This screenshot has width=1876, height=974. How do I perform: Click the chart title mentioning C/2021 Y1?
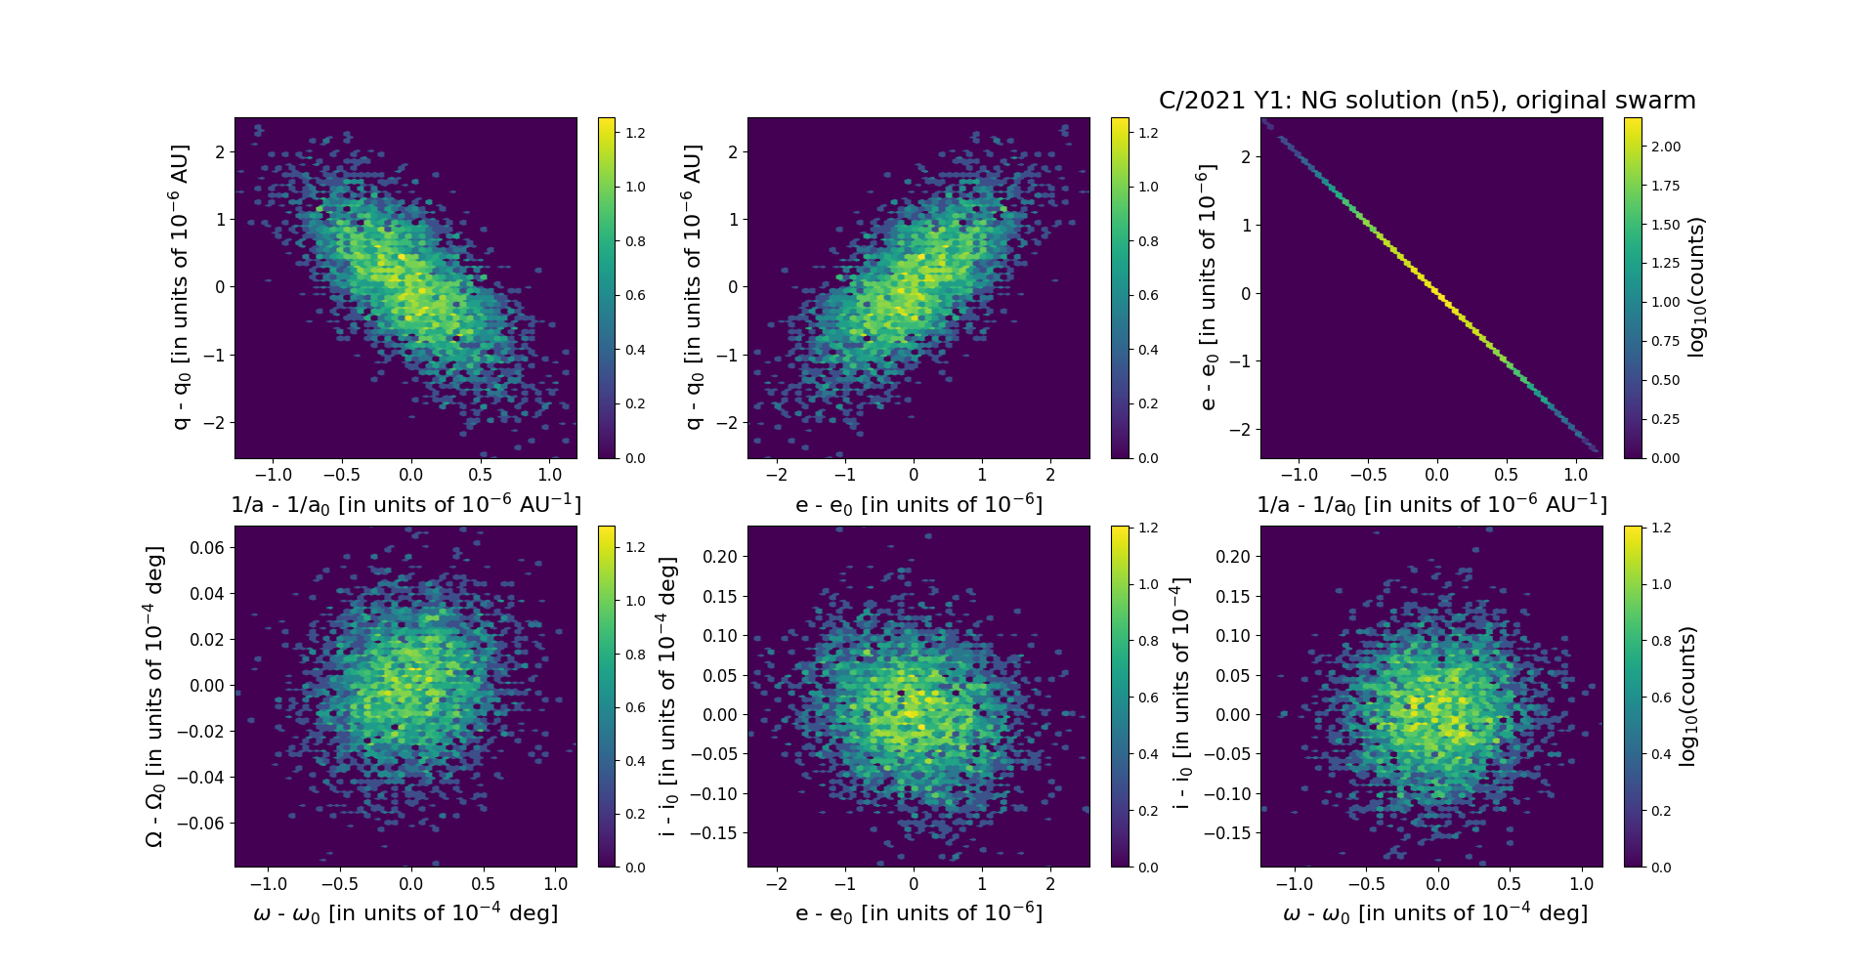pos(1427,101)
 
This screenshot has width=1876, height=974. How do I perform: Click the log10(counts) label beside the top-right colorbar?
pos(1696,287)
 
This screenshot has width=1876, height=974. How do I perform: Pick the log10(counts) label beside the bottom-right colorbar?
pos(1687,696)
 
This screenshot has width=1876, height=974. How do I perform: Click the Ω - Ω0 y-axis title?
pos(154,696)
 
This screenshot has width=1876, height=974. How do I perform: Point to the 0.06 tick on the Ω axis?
pos(207,547)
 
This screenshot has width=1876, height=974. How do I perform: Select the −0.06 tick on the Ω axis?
pos(201,823)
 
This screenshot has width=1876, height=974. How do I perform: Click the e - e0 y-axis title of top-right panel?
pos(1208,287)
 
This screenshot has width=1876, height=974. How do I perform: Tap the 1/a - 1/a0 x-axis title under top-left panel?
pos(405,504)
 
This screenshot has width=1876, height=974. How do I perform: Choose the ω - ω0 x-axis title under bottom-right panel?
pos(1434,912)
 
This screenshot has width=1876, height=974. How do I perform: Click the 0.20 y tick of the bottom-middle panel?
pos(720,557)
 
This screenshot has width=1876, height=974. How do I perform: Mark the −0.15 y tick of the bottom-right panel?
pos(1226,832)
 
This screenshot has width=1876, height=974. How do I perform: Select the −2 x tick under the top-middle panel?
pos(776,475)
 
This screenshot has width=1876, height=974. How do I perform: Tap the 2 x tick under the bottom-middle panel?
pos(1050,883)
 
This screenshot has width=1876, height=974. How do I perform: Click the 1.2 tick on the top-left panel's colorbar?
pos(635,133)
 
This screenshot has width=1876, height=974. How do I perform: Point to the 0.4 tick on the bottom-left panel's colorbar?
pos(635,761)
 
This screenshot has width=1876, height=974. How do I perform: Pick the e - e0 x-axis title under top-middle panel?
pos(918,504)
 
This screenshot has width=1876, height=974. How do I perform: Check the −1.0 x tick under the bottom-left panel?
pos(269,883)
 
